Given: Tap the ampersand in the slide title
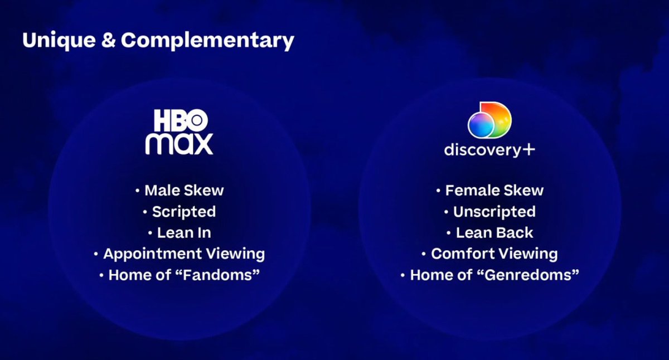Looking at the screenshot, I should point(111,41).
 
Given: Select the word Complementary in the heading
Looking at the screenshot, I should point(207,41).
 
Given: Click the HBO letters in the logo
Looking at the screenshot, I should point(180,120).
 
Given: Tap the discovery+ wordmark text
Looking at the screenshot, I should point(481,150).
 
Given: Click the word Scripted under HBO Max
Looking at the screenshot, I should point(183,212).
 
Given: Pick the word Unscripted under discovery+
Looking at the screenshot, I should point(494,212).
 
